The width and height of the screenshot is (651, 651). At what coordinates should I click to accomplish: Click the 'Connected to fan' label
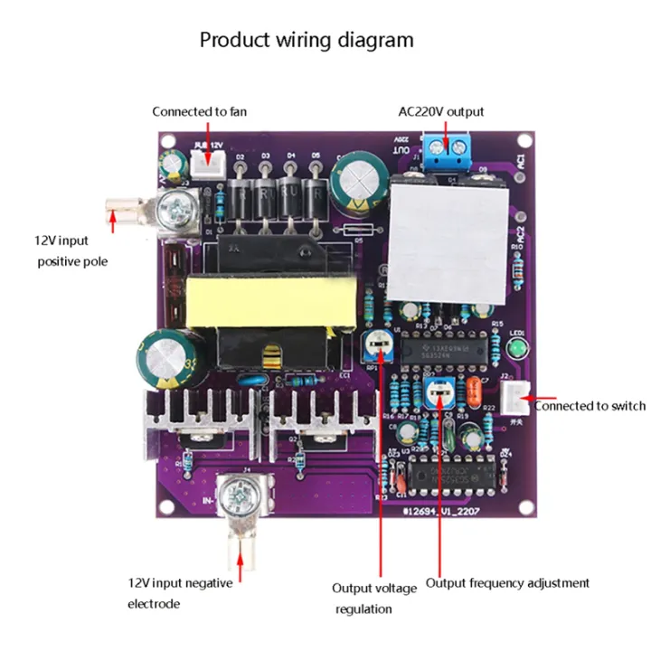tap(199, 112)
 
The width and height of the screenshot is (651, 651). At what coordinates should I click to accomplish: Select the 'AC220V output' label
tap(441, 112)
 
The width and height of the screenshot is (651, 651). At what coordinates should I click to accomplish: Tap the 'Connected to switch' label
tap(590, 406)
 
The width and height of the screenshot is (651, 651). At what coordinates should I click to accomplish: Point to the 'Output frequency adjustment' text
tap(507, 583)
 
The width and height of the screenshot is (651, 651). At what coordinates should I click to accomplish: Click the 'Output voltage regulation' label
tap(374, 598)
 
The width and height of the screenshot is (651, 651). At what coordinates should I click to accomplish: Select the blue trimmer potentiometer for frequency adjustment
tap(439, 392)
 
